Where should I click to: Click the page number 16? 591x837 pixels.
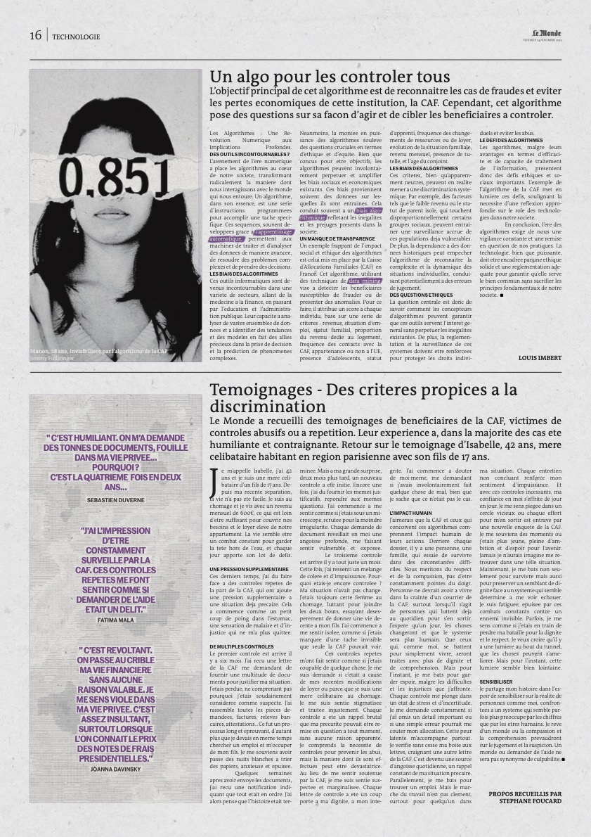[x=36, y=36]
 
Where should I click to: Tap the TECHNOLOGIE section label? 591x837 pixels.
[x=76, y=37]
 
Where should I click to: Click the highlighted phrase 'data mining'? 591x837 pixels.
[x=365, y=281]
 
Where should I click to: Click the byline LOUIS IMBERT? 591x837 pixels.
[x=540, y=357]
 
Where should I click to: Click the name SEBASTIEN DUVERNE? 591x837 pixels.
[x=116, y=499]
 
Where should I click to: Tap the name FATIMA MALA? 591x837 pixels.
[x=116, y=621]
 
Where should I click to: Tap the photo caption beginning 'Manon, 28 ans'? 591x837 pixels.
[x=98, y=350]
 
